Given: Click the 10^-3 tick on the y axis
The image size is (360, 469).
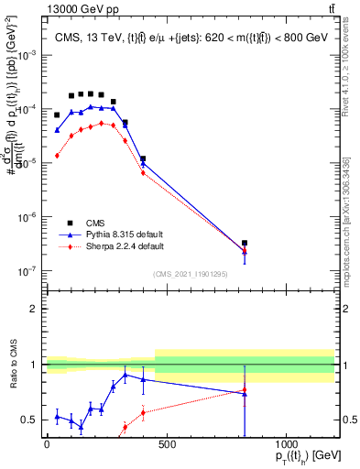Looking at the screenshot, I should coord(27,55).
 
